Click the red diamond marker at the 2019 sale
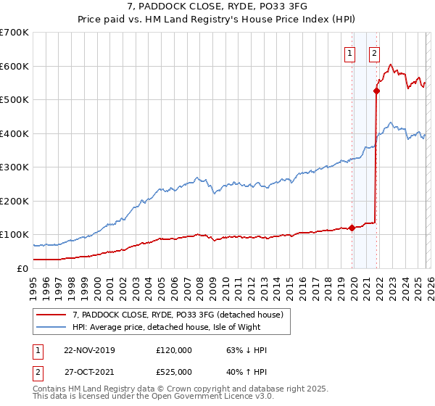pos(352,228)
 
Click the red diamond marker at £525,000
pos(377,91)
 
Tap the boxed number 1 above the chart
pos(350,52)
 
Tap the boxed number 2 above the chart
pos(374,52)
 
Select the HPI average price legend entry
pos(181,328)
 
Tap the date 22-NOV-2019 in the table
pos(89,350)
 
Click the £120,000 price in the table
pos(173,350)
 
